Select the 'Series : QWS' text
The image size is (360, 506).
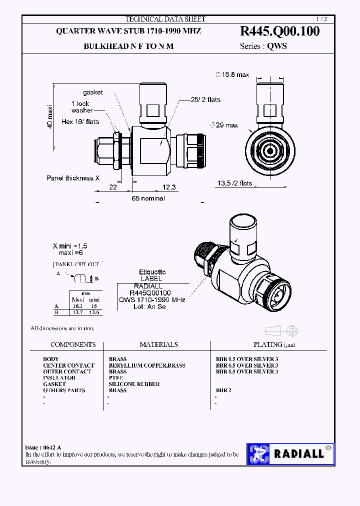[263, 46]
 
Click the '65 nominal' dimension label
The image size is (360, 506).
[148, 198]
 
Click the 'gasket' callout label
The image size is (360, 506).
[93, 92]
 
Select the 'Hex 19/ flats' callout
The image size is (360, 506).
[80, 121]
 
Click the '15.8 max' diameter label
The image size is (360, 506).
[232, 74]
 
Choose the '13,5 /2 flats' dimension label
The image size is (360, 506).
[234, 183]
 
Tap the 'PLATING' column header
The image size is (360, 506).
[268, 344]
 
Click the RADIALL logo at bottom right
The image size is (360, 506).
[290, 453]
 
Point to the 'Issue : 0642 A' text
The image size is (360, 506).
[43, 447]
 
